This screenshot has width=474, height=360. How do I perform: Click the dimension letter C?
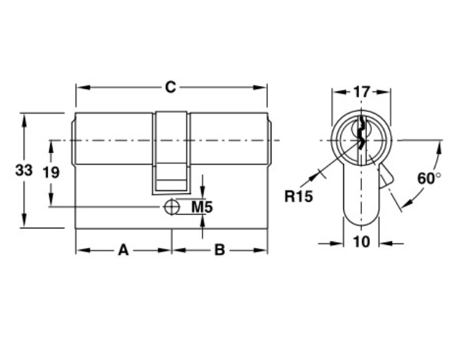pyautogui.click(x=170, y=87)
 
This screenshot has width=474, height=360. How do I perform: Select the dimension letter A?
pyautogui.click(x=124, y=250)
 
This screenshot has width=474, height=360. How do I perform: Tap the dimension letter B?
pyautogui.click(x=220, y=250)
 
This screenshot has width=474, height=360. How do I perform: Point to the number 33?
pyautogui.click(x=24, y=170)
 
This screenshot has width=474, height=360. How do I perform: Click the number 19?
pyautogui.click(x=51, y=172)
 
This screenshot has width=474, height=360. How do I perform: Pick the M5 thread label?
pyautogui.click(x=203, y=207)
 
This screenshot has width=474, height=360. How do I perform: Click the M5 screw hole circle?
pyautogui.click(x=172, y=207)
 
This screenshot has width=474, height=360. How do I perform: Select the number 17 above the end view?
pyautogui.click(x=361, y=92)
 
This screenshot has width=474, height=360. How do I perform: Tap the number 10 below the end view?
pyautogui.click(x=361, y=241)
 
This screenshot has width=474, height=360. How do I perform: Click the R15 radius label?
pyautogui.click(x=298, y=196)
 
